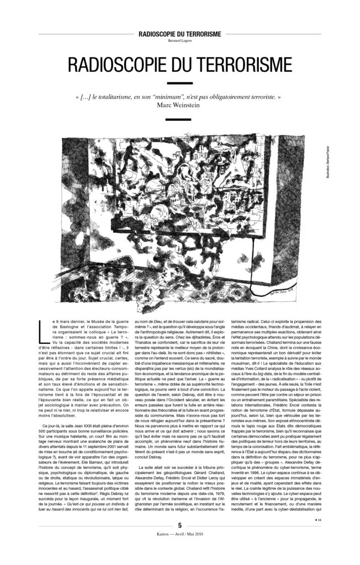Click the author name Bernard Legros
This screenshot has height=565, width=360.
179,40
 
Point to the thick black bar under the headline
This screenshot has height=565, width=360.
179,83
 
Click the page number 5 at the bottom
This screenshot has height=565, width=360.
179,541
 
